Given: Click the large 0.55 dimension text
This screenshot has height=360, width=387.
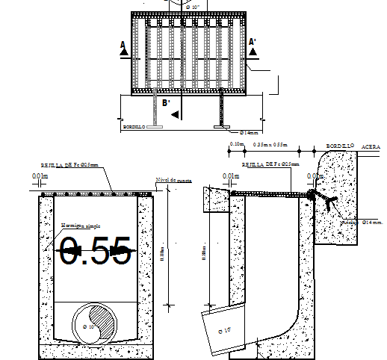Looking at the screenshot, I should click(x=95, y=251).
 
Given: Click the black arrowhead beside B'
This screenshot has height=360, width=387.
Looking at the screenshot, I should click(x=175, y=114).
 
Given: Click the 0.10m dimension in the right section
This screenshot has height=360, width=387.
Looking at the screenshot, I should click(x=238, y=143).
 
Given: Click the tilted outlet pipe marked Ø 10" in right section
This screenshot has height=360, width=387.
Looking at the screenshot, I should click(x=222, y=329).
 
